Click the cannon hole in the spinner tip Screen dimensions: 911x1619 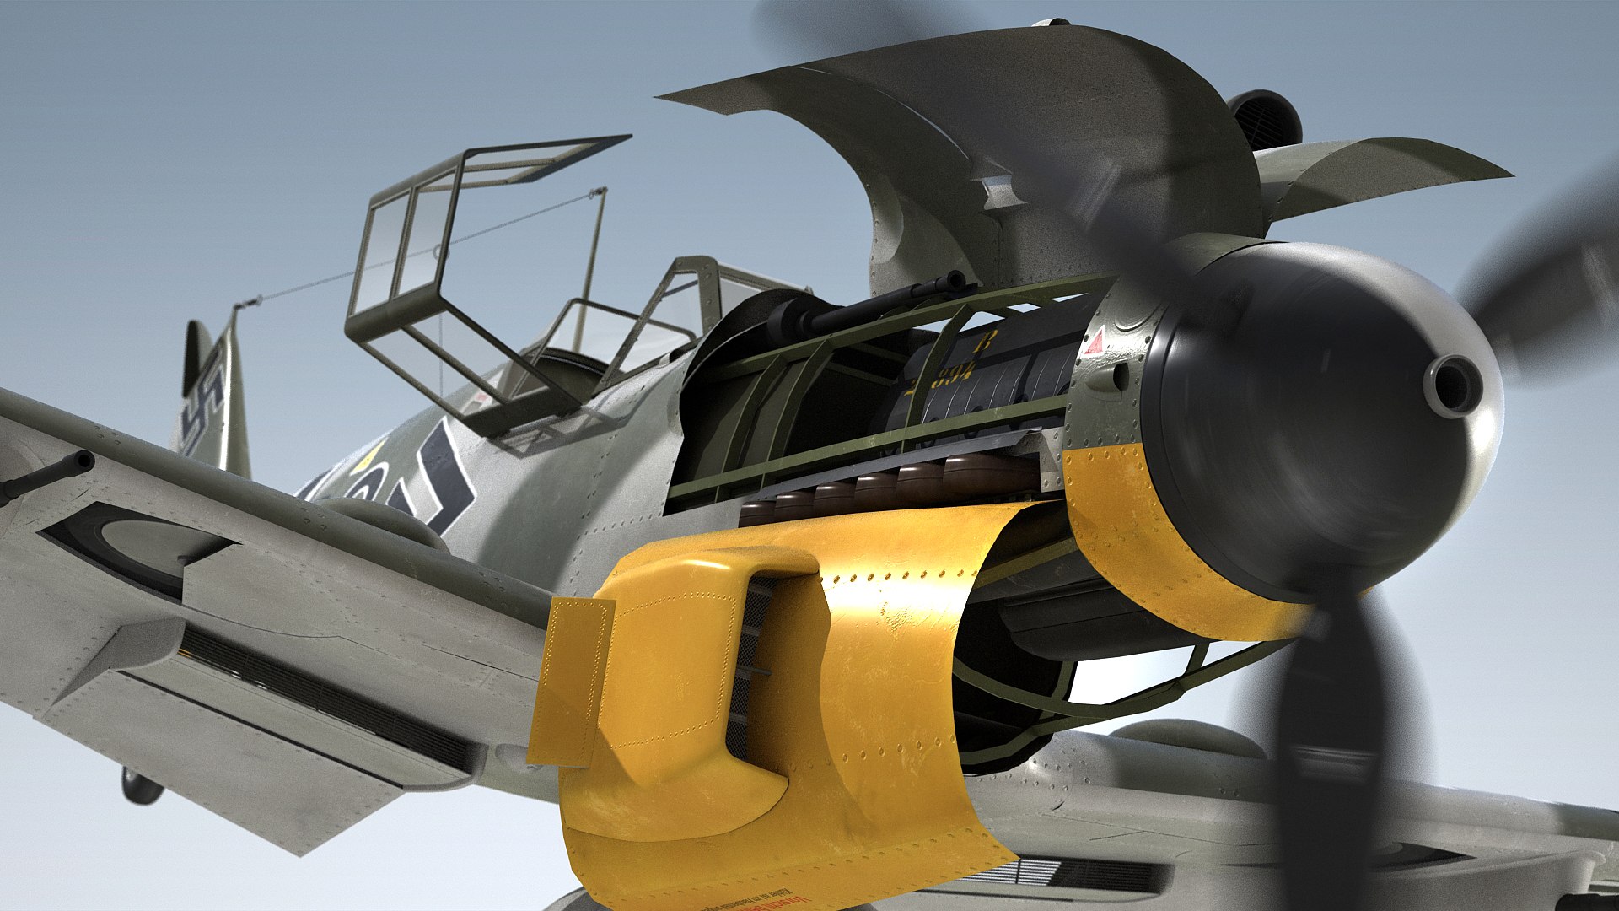[1452, 385]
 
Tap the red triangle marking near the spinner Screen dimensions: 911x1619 [1094, 343]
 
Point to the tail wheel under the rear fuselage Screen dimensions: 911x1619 [140, 786]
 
